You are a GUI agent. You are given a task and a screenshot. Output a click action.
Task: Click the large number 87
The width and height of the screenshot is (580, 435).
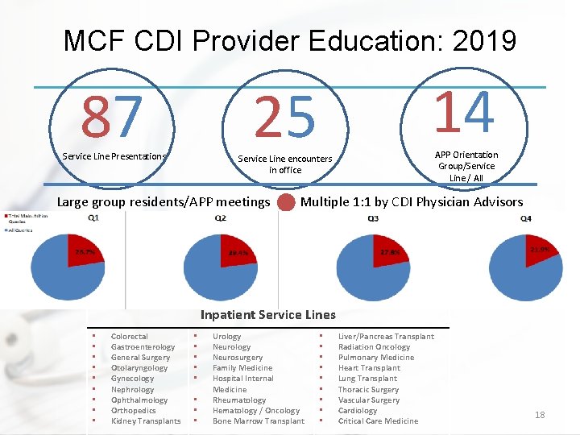coord(112,116)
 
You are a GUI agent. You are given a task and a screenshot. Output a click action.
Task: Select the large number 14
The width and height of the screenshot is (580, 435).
coord(465,113)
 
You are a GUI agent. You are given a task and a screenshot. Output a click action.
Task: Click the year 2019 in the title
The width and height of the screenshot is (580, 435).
coord(475,40)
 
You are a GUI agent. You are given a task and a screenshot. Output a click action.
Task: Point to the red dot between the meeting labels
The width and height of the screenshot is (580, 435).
coord(285,202)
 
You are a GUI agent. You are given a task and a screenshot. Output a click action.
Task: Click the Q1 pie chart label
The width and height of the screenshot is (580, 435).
coord(94,218)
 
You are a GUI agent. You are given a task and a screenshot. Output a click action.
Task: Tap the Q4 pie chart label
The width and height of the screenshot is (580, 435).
coord(526,219)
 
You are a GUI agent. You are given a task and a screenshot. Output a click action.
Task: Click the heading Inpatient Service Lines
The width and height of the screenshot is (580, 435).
coord(268,315)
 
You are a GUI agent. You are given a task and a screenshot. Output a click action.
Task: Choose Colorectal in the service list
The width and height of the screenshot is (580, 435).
coord(129,337)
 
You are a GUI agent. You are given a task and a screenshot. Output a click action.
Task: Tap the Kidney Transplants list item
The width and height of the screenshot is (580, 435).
coord(146,421)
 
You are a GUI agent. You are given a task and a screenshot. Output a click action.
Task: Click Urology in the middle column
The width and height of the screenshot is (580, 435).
coord(226,337)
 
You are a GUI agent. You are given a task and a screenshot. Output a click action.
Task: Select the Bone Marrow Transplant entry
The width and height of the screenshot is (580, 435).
coord(259,421)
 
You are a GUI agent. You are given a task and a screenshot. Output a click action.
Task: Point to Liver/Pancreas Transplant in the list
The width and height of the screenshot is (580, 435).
coord(386,337)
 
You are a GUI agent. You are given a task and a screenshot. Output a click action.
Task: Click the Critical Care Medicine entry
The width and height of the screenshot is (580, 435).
coord(378,421)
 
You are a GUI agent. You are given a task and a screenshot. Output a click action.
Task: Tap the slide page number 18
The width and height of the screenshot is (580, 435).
coord(540,415)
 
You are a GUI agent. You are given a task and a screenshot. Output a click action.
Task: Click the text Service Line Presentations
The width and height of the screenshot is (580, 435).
coord(114,156)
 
